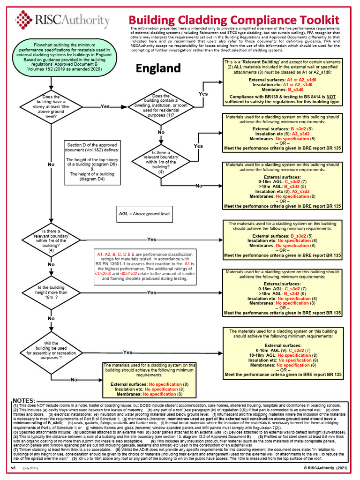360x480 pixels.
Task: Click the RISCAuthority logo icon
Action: (24, 20)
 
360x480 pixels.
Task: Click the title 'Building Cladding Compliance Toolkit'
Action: (233, 20)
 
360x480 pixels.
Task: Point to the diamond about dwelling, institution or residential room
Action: (161, 106)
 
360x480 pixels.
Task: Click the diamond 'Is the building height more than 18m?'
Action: (50, 292)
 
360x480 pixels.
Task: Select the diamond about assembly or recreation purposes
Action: (50, 352)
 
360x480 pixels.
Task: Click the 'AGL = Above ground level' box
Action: (144, 214)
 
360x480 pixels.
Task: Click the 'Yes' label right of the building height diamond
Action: (151, 292)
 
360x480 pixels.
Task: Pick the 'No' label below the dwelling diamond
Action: (161, 133)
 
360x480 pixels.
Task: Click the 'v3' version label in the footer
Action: (13, 469)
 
